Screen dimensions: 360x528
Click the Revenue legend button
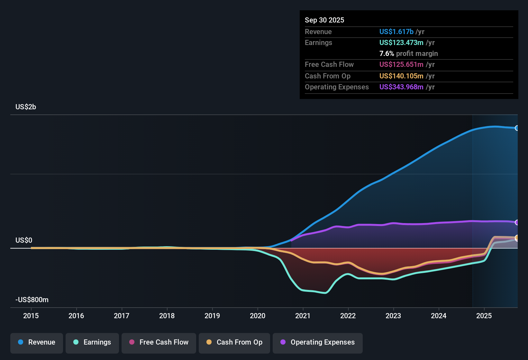(37, 342)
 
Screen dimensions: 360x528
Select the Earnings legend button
(92, 342)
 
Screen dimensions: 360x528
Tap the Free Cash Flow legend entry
(159, 342)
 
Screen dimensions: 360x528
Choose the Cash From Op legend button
(234, 342)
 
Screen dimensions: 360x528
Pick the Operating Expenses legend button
(318, 342)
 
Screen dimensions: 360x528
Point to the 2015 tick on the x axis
(31, 316)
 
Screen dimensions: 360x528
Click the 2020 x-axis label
(258, 316)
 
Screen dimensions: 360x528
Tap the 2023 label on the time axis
(393, 316)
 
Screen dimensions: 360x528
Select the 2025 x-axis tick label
(484, 316)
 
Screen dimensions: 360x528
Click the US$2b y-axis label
(26, 107)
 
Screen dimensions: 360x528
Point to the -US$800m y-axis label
(32, 300)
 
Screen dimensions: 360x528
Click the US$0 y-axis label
(24, 240)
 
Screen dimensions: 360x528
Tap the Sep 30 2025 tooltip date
(324, 20)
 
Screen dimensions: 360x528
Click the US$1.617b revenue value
(396, 32)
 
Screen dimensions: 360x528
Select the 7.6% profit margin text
(408, 54)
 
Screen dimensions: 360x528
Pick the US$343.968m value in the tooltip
(401, 87)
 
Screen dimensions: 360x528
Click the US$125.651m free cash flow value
(401, 65)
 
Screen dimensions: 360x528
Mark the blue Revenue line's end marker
(517, 128)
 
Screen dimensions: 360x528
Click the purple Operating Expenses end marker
(517, 222)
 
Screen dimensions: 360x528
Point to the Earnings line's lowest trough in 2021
(325, 293)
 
